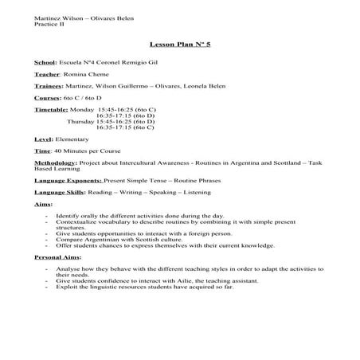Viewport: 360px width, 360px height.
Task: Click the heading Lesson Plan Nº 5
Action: point(180,45)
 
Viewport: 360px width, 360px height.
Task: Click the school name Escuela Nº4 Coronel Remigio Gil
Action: point(106,61)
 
